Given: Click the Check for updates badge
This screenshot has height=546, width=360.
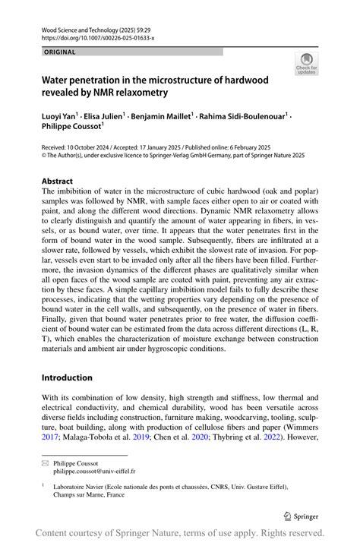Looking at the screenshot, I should pos(306,64).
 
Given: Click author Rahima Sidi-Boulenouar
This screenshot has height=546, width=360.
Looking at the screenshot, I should pos(244,117).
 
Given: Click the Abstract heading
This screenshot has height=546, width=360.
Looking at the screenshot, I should pos(58,181).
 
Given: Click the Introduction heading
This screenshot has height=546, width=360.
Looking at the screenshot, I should pos(67,377).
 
